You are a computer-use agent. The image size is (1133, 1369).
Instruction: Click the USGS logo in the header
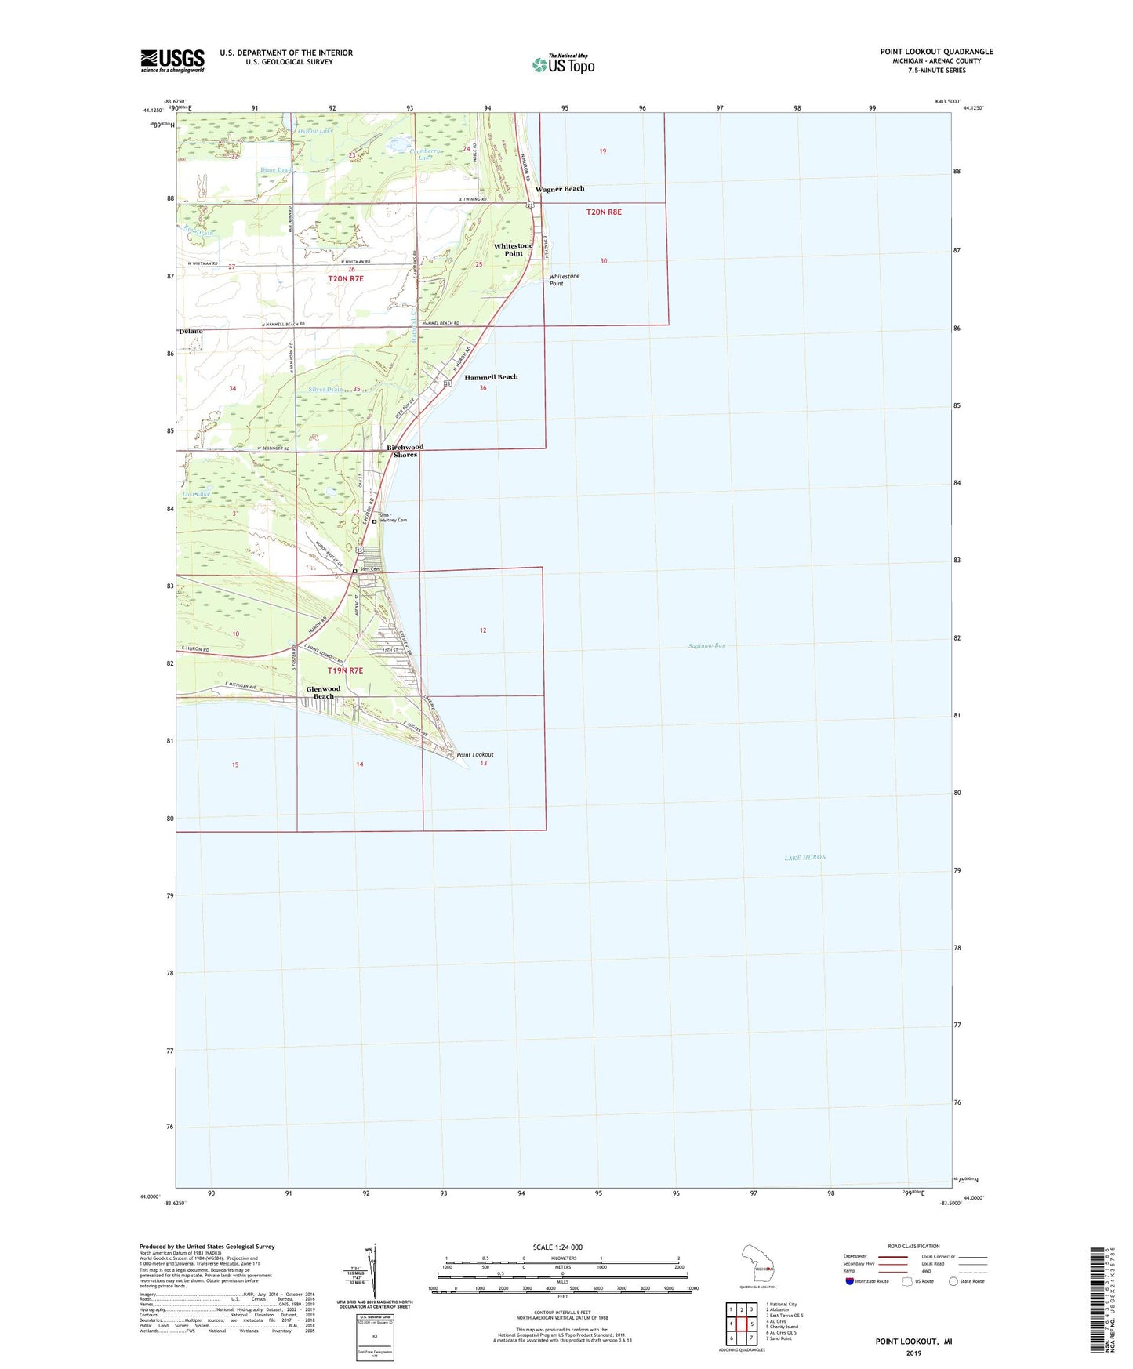pos(172,60)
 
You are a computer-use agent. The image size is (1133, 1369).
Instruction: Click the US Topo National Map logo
pos(563,64)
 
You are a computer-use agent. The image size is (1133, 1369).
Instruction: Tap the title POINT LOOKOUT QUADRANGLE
pos(936,52)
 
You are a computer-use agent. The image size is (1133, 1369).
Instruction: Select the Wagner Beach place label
pos(560,189)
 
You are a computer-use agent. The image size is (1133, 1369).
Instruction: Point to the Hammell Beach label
pos(491,377)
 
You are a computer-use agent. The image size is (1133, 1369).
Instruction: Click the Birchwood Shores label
pos(405,451)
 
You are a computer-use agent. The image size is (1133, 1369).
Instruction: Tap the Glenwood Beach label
pos(323,692)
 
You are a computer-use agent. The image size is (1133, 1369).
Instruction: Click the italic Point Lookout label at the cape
pos(475,754)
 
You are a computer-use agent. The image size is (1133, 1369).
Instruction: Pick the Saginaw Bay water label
pos(706,645)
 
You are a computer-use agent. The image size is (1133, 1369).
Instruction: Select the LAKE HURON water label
pos(805,858)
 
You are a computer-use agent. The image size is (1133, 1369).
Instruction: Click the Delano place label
pos(191,332)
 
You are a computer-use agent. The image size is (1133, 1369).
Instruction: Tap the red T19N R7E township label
pos(346,671)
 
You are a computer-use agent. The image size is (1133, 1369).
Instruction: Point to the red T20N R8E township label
pos(604,212)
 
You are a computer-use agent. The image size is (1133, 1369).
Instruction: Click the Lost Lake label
pos(196,494)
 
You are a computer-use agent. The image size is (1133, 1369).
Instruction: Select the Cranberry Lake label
pos(426,154)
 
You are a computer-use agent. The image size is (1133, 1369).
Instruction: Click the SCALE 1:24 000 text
pos(557,1247)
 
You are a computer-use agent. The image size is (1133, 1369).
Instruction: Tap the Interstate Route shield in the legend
pos(850,1281)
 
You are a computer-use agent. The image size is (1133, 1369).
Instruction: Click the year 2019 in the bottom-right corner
pos(913,1353)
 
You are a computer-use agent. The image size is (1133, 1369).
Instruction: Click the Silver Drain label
pos(325,390)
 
